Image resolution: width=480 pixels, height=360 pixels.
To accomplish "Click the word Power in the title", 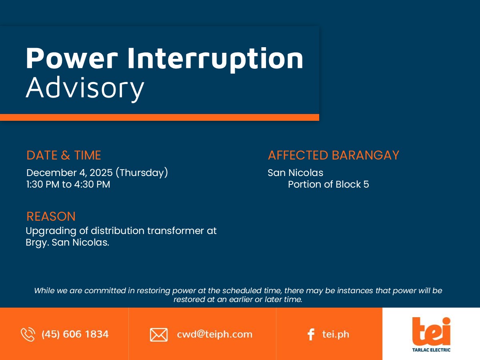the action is (72, 58).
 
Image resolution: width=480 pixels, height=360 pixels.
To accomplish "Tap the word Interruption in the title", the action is (215, 60).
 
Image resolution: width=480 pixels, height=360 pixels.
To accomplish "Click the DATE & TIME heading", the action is (64, 155).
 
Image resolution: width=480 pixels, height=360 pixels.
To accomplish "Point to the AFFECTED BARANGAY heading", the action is (334, 155).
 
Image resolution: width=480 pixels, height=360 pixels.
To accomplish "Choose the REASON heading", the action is (51, 216).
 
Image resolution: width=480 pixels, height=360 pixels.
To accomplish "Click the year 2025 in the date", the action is (101, 173).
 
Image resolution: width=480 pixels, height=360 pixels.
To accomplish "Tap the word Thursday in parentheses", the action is (142, 173).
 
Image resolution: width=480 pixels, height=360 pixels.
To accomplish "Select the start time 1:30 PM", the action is (43, 184).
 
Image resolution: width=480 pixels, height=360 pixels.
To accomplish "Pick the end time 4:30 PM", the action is (92, 184).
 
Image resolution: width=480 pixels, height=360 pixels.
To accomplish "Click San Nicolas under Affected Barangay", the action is (296, 173).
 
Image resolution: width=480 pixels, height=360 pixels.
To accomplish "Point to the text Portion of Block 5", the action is (328, 184).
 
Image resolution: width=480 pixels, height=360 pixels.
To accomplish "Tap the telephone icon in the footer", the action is (28, 334).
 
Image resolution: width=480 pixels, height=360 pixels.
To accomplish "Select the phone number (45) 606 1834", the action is (75, 334).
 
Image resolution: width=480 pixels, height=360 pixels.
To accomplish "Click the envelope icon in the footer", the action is (159, 335).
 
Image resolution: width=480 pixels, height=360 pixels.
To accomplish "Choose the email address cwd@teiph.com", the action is (214, 334).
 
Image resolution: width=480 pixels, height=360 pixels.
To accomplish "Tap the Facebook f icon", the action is (311, 334).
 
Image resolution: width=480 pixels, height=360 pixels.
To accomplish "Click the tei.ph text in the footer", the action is (336, 334).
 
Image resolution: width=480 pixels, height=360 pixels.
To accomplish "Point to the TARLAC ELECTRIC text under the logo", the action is (431, 350).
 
